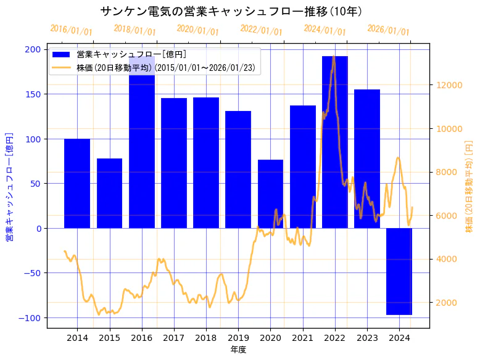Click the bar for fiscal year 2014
[x=77, y=183]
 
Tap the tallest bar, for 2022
[x=335, y=142]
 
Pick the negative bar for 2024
[x=399, y=271]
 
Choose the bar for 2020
[x=270, y=194]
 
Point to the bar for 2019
[x=238, y=170]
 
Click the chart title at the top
[x=231, y=11]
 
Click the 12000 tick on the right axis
[x=449, y=85]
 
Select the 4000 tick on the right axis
[x=446, y=259]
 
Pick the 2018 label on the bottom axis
[x=206, y=338]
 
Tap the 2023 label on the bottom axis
[x=367, y=338]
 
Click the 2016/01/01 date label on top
[x=71, y=30]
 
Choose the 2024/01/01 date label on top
[x=325, y=30]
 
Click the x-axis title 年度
[x=238, y=350]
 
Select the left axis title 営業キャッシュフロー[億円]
[x=10, y=186]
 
